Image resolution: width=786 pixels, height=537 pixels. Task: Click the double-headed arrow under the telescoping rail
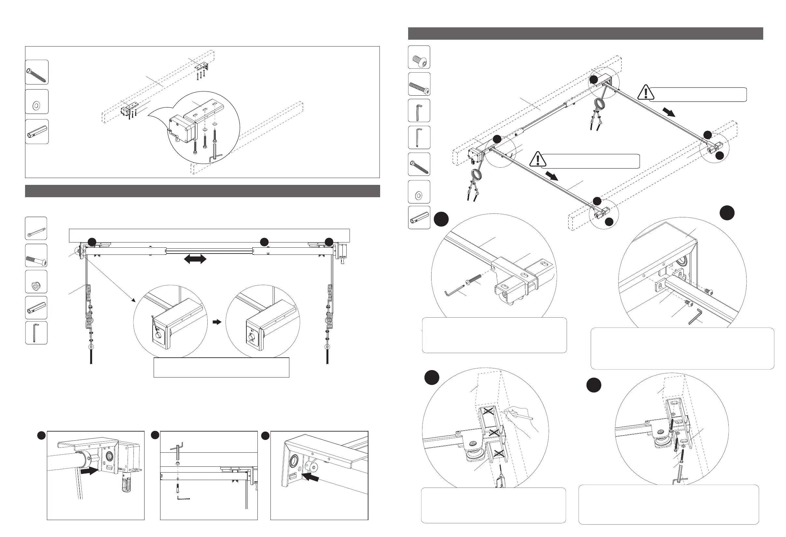click(195, 259)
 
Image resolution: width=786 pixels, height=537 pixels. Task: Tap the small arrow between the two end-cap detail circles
click(216, 322)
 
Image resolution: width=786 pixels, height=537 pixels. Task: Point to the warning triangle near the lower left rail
click(537, 159)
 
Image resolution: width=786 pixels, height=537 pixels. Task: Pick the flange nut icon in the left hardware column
click(36, 282)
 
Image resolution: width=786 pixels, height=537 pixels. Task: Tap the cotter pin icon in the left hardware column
click(36, 228)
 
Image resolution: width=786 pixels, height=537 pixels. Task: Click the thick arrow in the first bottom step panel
click(90, 471)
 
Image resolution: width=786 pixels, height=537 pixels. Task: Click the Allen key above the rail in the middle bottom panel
click(176, 448)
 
